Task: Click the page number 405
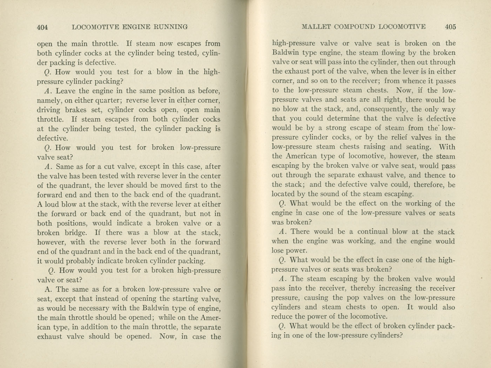(450, 27)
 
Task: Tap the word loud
(52, 204)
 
